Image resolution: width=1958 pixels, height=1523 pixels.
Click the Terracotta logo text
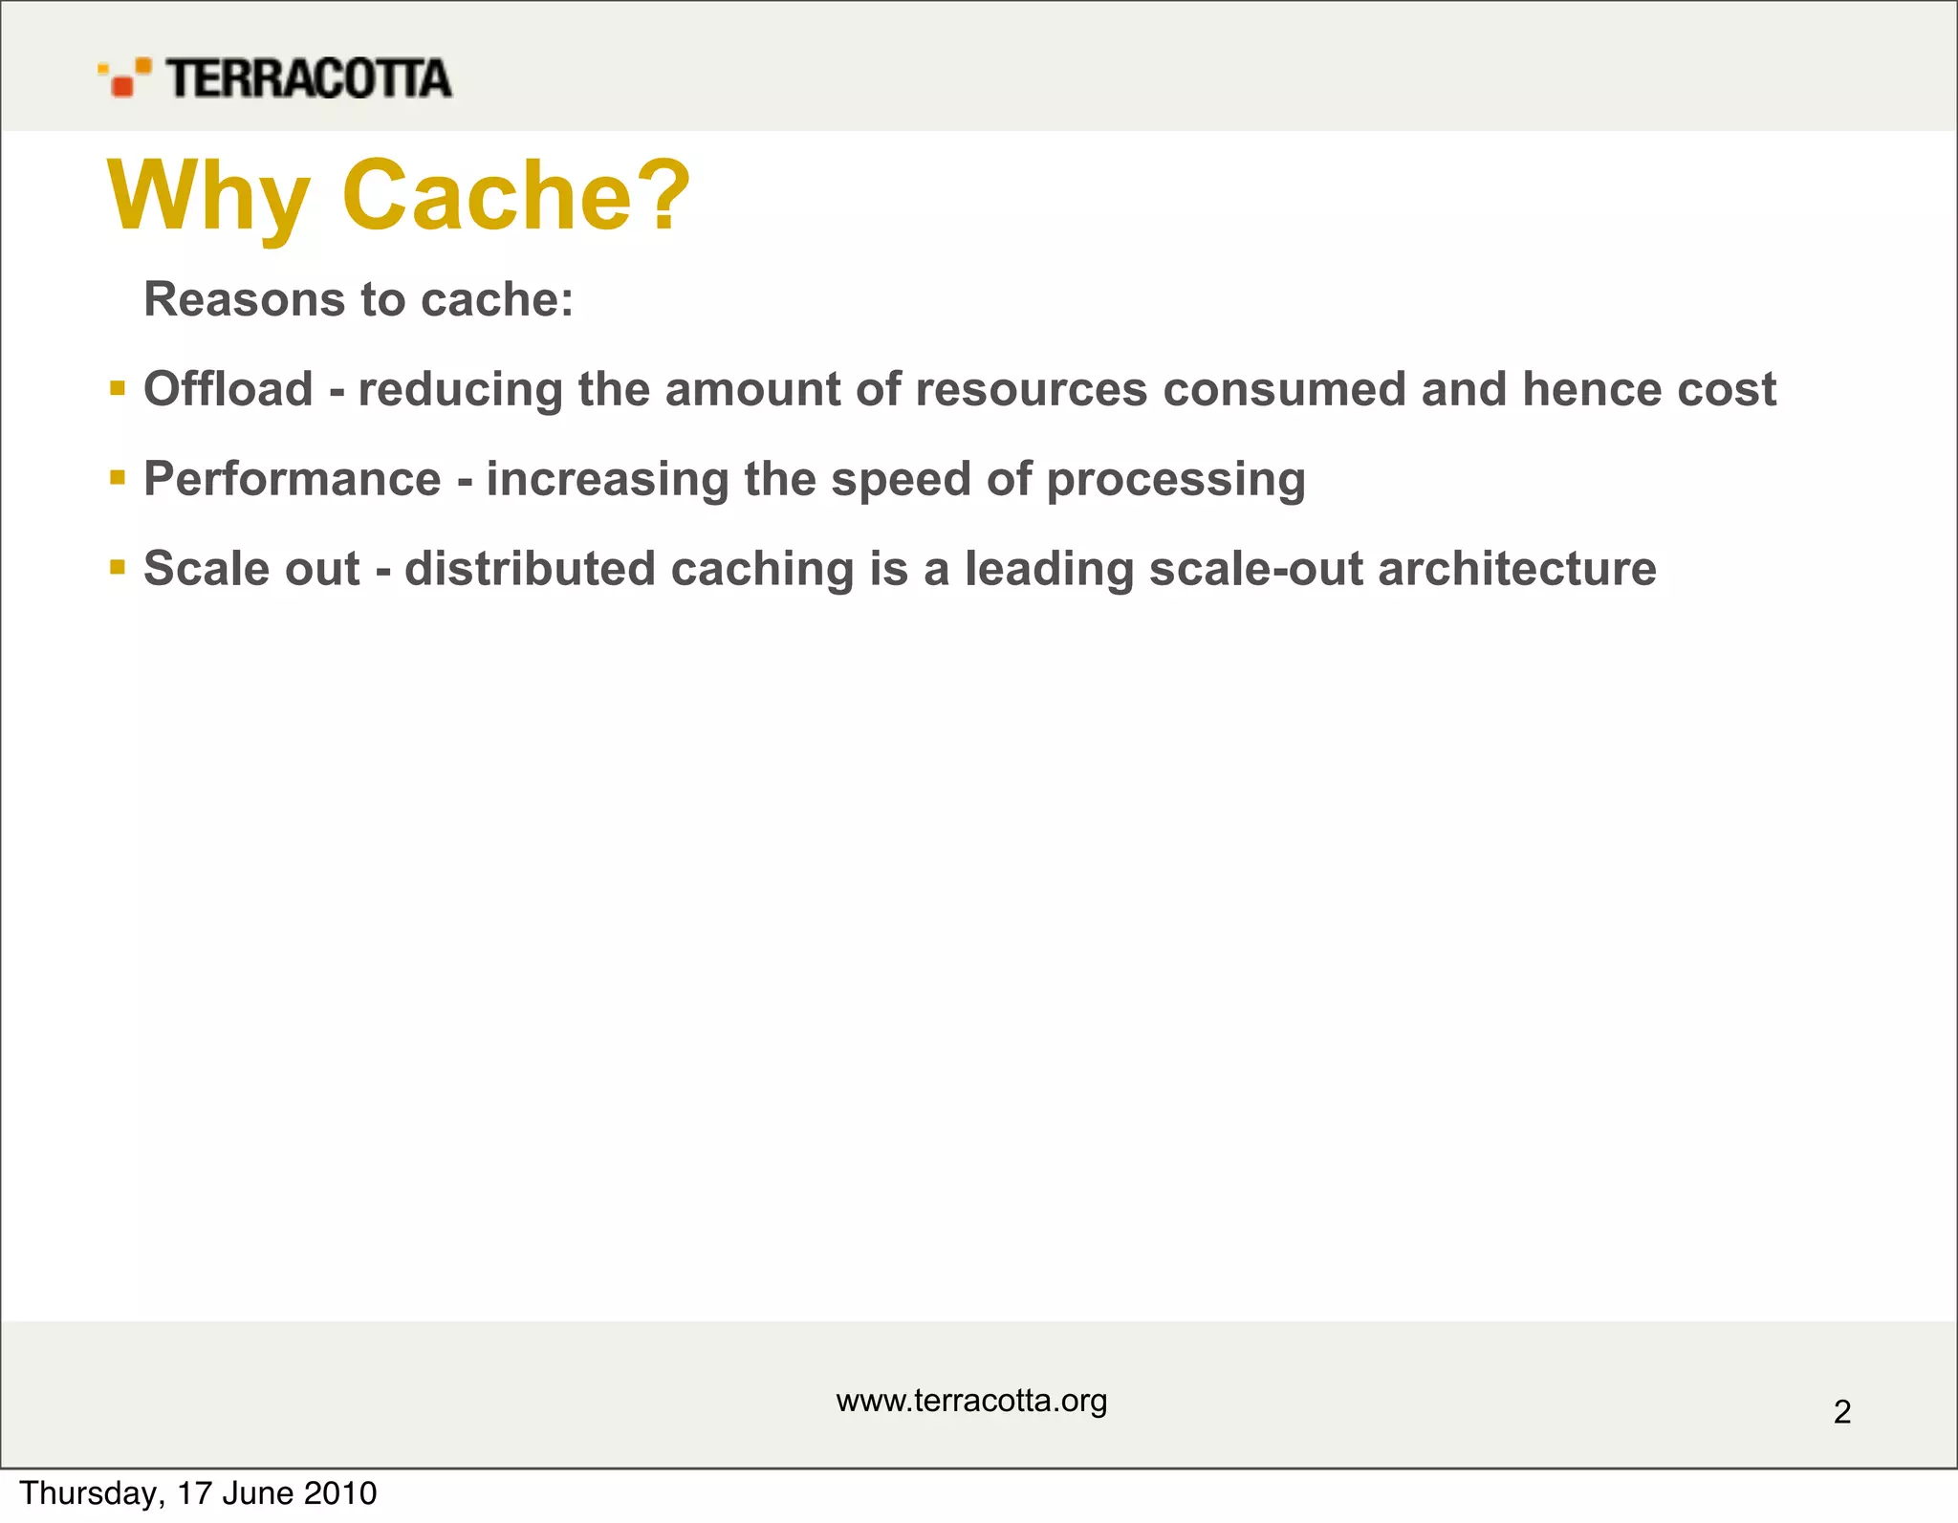click(x=308, y=78)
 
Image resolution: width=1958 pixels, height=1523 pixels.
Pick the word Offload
click(x=228, y=389)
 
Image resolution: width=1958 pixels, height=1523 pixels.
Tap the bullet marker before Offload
click(x=118, y=388)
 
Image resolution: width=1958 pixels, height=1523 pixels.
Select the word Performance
click(x=293, y=479)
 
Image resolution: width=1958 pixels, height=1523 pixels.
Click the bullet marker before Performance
click(x=118, y=477)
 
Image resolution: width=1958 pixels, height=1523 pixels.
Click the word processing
click(x=1175, y=479)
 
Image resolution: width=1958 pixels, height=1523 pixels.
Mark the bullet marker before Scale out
click(x=118, y=568)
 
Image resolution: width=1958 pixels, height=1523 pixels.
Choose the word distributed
click(x=530, y=569)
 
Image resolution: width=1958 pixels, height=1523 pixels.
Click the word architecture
click(x=1516, y=569)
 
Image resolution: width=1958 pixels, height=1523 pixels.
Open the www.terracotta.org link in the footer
click(x=971, y=1401)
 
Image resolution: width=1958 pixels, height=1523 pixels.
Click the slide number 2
click(x=1842, y=1412)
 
